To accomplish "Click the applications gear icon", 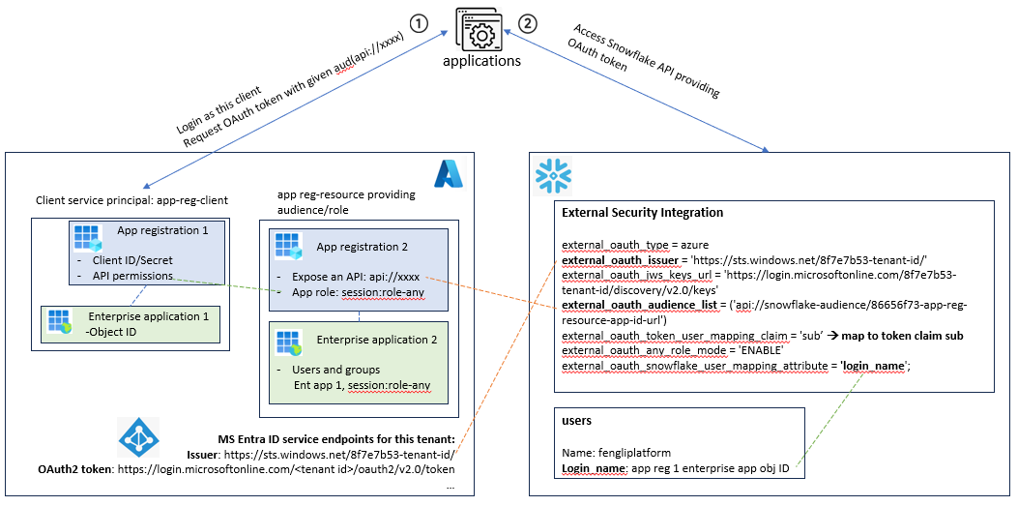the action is pyautogui.click(x=481, y=29).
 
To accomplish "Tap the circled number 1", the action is pyautogui.click(x=420, y=23).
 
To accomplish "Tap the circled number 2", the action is pyautogui.click(x=527, y=23).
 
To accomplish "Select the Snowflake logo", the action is pyautogui.click(x=550, y=173).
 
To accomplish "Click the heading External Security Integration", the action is pyautogui.click(x=642, y=213).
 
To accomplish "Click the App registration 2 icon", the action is pyautogui.click(x=290, y=246).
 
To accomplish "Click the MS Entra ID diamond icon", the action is pyautogui.click(x=138, y=437).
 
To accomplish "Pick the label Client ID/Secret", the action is pyautogui.click(x=134, y=260).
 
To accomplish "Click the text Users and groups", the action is pyautogui.click(x=335, y=371).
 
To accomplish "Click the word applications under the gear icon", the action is pyautogui.click(x=481, y=62).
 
